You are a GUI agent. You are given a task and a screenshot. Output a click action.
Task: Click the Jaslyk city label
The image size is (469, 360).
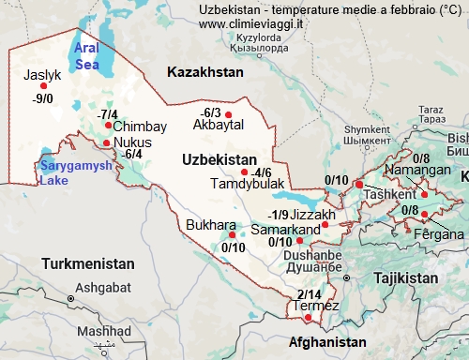pos(42,74)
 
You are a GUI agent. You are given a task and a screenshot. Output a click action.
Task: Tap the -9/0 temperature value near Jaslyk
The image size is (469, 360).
pos(43,97)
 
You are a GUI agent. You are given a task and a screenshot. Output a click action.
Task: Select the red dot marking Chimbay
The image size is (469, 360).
pos(109,125)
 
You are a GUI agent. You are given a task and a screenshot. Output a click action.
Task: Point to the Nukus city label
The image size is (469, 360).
pos(132,142)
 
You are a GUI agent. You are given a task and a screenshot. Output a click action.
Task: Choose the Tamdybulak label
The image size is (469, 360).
pos(240,184)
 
